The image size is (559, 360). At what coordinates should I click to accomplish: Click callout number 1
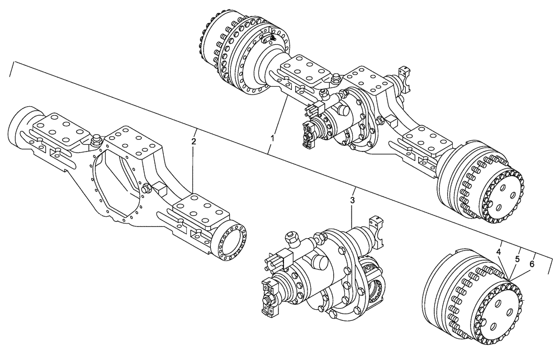coord(272,137)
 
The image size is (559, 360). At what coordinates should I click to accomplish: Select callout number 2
coord(193,141)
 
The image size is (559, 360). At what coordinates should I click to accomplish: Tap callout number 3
coord(353,200)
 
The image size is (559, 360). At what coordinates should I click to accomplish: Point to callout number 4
coord(498,252)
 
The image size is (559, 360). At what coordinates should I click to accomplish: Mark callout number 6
coord(532,264)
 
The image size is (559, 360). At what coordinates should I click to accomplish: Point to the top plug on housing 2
coord(94,138)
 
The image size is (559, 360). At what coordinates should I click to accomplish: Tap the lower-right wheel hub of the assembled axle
coord(481,184)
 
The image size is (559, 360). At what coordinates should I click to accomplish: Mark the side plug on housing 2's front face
coord(148,188)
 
